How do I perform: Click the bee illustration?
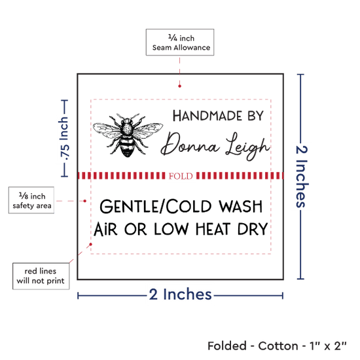(x=128, y=135)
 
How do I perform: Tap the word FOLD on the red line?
(x=181, y=176)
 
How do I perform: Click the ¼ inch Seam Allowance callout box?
(x=180, y=43)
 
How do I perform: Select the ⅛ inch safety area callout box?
(x=31, y=200)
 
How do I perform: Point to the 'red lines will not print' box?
(x=41, y=276)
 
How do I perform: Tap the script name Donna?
(x=190, y=145)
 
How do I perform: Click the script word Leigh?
(x=247, y=146)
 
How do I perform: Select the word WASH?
(x=241, y=206)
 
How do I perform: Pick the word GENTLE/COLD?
(x=155, y=206)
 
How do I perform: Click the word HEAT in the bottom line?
(x=213, y=229)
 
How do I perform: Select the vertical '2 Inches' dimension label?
(x=302, y=176)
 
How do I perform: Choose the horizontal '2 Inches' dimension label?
(x=180, y=295)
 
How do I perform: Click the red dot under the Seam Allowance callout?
(x=179, y=86)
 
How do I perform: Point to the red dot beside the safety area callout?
(x=84, y=201)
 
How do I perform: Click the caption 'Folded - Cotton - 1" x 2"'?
(x=277, y=346)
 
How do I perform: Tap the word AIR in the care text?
(x=105, y=229)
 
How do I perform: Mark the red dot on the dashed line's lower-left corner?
(x=91, y=244)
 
